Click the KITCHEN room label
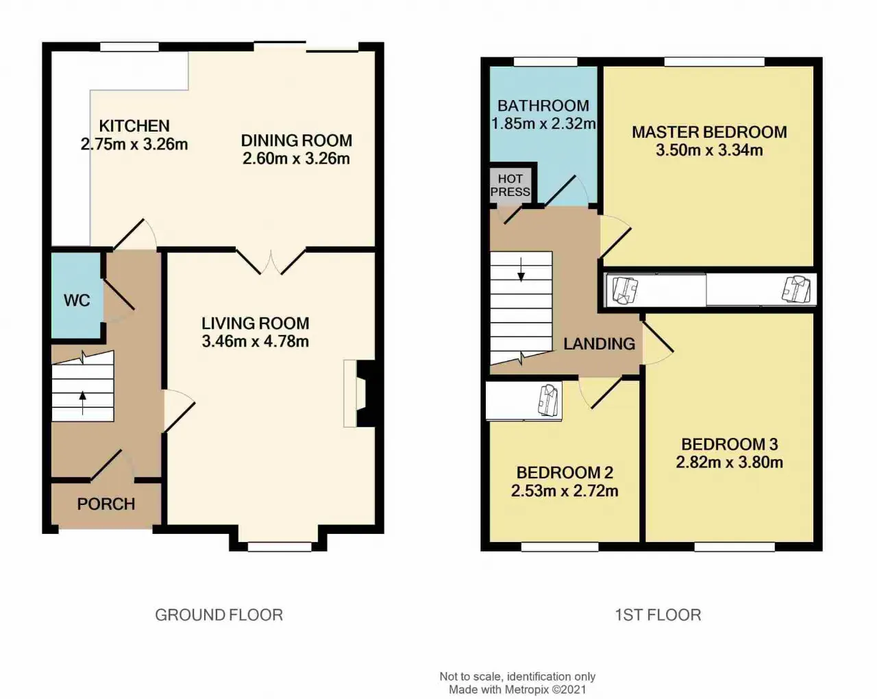pyautogui.click(x=134, y=126)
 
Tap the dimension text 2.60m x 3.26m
pyautogui.click(x=296, y=158)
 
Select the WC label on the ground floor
pyautogui.click(x=77, y=301)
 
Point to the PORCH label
pyautogui.click(x=106, y=504)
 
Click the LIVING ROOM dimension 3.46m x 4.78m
pyautogui.click(x=256, y=341)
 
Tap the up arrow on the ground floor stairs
pyautogui.click(x=83, y=403)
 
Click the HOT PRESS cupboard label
pyautogui.click(x=510, y=185)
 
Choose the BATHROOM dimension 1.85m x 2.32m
pyautogui.click(x=543, y=123)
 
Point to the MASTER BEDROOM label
pyautogui.click(x=710, y=132)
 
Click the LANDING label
pyautogui.click(x=600, y=344)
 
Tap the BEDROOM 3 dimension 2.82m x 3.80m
pyautogui.click(x=730, y=462)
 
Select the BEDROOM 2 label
pyautogui.click(x=565, y=473)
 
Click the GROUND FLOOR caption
pyautogui.click(x=219, y=615)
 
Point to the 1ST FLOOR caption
pyautogui.click(x=658, y=615)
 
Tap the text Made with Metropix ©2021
pyautogui.click(x=517, y=689)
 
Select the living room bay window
pyautogui.click(x=279, y=547)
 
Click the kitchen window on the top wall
pyautogui.click(x=129, y=47)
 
